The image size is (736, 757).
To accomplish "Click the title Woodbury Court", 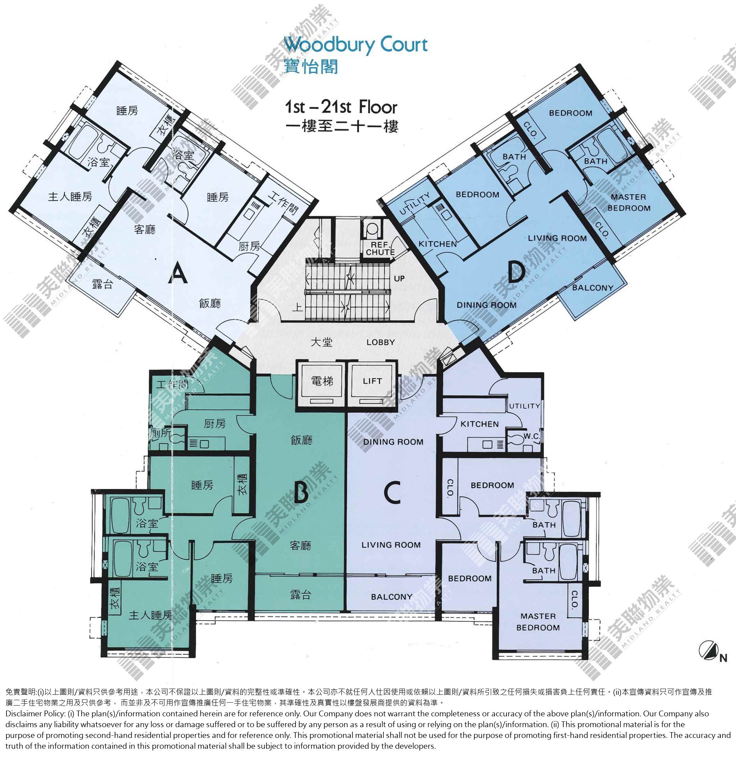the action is [356, 45].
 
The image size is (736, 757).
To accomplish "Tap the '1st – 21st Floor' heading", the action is [341, 107].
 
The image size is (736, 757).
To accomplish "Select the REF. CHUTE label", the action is [380, 249].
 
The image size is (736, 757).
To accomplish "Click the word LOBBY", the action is [380, 342].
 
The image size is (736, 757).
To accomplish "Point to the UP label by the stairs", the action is [399, 278].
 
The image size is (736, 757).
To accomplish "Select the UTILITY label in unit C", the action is [524, 406].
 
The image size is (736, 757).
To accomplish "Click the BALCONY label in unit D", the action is [592, 287].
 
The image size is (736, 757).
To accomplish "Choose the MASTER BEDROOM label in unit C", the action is [538, 622].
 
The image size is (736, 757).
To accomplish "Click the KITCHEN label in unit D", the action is [437, 244].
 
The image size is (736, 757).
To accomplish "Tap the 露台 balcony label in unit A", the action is [103, 284].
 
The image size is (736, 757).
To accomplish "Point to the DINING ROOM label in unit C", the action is [393, 442].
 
